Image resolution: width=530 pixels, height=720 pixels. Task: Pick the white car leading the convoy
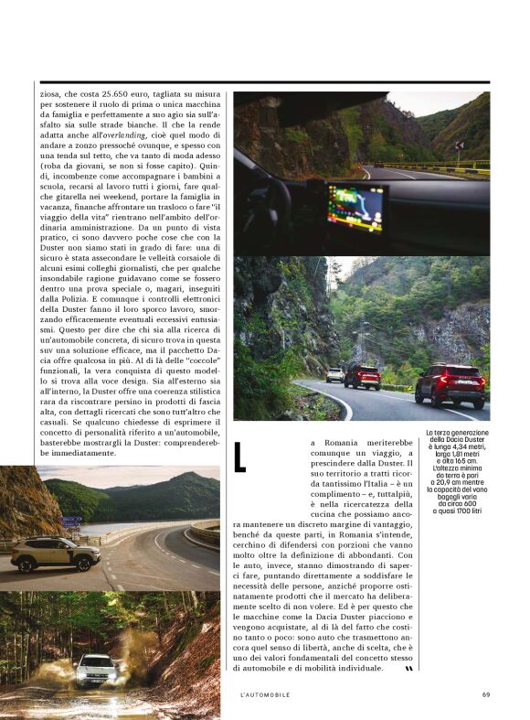335,374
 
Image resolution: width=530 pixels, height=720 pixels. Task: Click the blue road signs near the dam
71,521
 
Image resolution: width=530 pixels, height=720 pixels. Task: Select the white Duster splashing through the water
95,671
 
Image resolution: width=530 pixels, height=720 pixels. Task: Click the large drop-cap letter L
241,457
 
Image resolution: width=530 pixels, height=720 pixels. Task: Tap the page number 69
486,694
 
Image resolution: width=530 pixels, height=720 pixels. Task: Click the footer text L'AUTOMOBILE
265,694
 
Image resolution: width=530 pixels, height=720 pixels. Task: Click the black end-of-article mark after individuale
408,668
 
